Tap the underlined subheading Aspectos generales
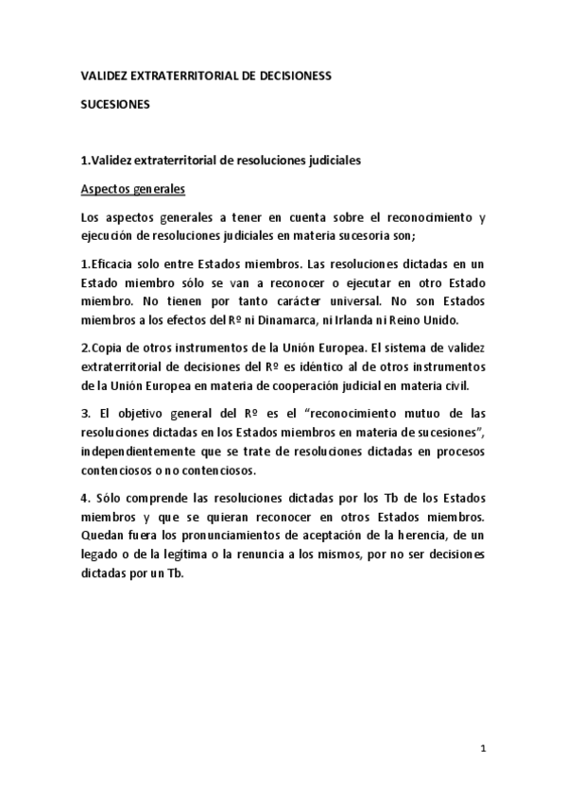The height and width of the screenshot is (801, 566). pos(131,188)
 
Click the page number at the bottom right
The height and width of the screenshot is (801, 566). pos(482,750)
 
